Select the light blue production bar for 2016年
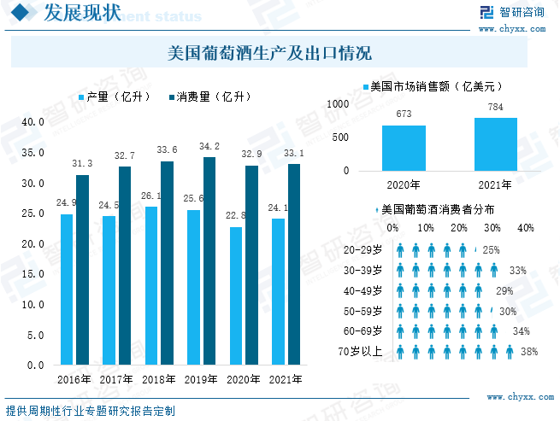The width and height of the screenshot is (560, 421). pos(67,289)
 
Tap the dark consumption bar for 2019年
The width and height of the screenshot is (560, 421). pos(209,260)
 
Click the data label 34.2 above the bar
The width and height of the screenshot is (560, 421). pos(209,147)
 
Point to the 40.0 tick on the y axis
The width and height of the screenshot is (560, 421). pos(33,122)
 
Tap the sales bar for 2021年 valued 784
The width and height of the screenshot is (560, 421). pos(496,144)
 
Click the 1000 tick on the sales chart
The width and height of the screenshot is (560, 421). pos(339,103)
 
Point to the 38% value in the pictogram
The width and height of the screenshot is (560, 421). pos(528,351)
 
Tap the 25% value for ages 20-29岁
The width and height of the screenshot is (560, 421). pos(491,250)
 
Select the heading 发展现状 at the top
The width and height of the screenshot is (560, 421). pos(75,13)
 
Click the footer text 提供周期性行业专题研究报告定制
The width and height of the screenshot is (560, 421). pos(90,411)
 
